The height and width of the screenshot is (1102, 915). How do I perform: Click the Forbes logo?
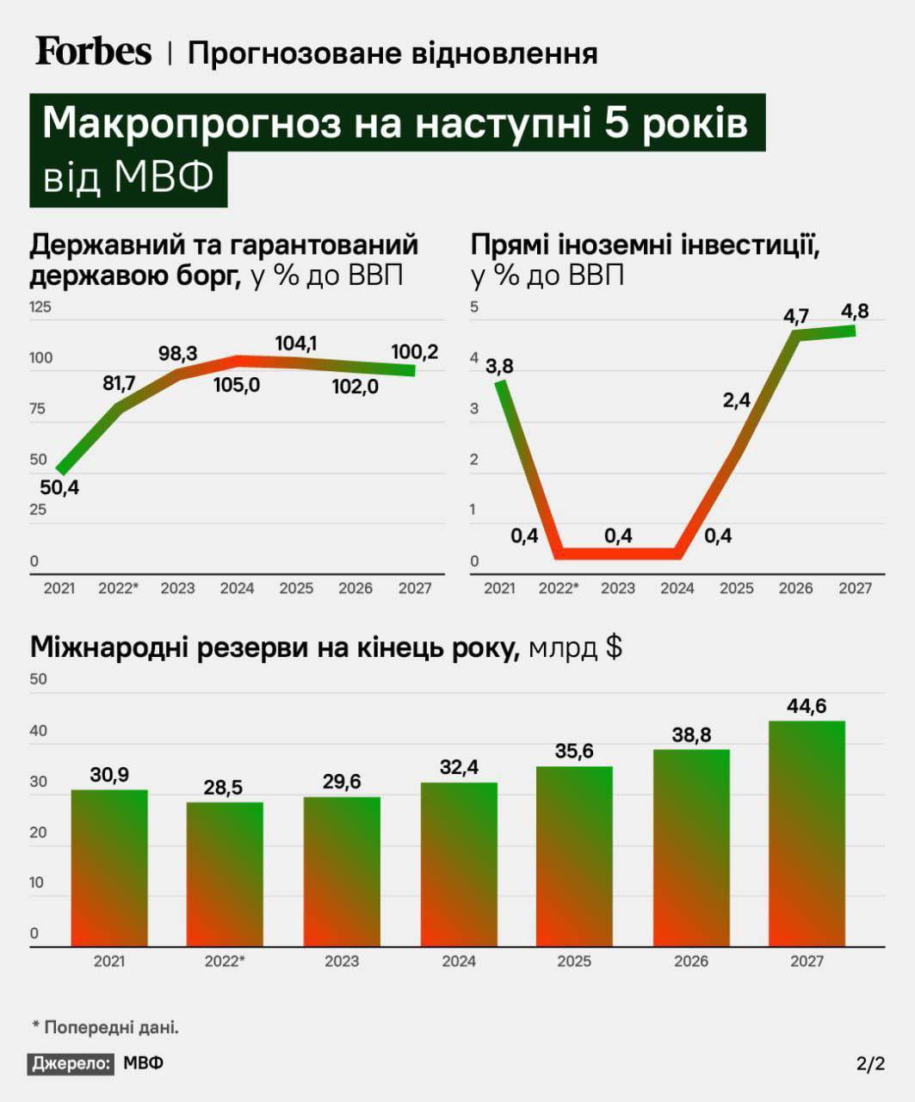(x=93, y=52)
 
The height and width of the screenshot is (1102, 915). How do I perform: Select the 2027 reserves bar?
(x=807, y=833)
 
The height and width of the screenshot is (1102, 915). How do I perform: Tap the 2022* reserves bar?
(x=225, y=874)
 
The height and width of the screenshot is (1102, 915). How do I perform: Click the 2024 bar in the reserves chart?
(x=459, y=864)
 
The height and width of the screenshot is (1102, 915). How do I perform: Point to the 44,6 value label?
(x=807, y=707)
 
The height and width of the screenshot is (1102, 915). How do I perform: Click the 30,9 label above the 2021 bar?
(x=109, y=776)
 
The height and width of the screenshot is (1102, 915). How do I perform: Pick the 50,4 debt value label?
(x=59, y=488)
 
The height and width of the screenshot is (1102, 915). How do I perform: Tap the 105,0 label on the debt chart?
(x=237, y=385)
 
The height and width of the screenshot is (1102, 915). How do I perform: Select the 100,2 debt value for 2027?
(x=414, y=352)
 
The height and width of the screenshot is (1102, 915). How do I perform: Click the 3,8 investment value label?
(x=499, y=367)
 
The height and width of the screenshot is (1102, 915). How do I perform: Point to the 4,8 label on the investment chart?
(x=855, y=312)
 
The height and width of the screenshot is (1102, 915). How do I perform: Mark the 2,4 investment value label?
(x=737, y=400)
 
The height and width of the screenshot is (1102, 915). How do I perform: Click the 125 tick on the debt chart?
(x=40, y=307)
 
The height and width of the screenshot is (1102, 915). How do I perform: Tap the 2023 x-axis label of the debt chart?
(x=177, y=589)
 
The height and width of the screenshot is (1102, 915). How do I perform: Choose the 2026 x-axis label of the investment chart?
(x=795, y=589)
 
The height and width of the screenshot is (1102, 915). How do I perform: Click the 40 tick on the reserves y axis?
(x=39, y=731)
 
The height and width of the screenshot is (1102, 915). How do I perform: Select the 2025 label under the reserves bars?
(x=574, y=962)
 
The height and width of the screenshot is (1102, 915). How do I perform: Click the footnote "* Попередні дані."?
(x=105, y=1027)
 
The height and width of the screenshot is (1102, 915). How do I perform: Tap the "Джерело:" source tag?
(x=71, y=1063)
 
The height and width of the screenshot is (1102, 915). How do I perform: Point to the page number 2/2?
(x=870, y=1064)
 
